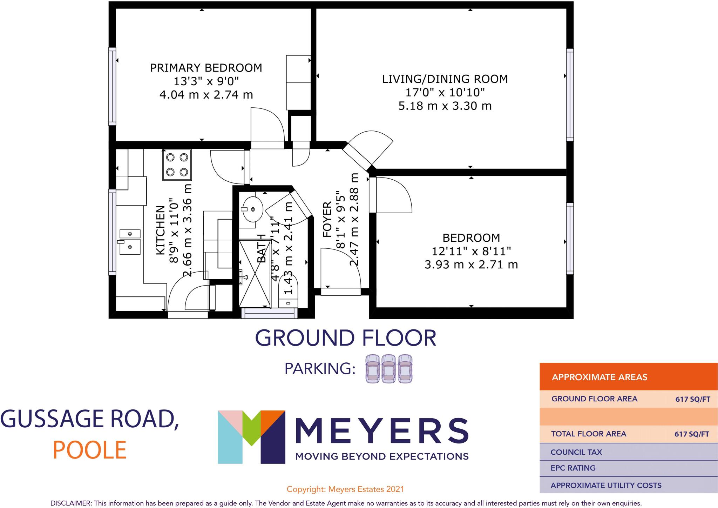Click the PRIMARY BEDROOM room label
pyautogui.click(x=206, y=68)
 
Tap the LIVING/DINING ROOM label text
pyautogui.click(x=445, y=79)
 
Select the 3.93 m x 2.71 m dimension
pyautogui.click(x=471, y=265)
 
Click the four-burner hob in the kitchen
pyautogui.click(x=177, y=165)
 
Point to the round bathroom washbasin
pyautogui.click(x=252, y=209)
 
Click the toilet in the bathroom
pyautogui.click(x=288, y=291)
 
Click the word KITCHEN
pyautogui.click(x=160, y=230)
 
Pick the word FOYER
pyautogui.click(x=327, y=219)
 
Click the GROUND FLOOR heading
pyautogui.click(x=345, y=338)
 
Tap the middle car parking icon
pyautogui.click(x=389, y=368)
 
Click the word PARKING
pyautogui.click(x=320, y=369)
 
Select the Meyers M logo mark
pyautogui.click(x=251, y=437)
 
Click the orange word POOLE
pyautogui.click(x=89, y=450)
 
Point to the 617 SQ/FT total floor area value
pyautogui.click(x=691, y=434)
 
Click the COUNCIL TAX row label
pyautogui.click(x=576, y=452)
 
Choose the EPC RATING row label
pyautogui.click(x=573, y=468)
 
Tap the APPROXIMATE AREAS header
pyautogui.click(x=600, y=377)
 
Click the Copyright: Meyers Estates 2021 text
pyautogui.click(x=345, y=489)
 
